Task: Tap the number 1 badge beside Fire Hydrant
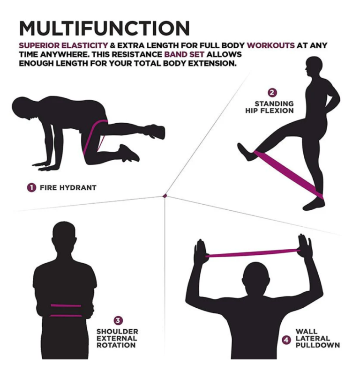(31, 187)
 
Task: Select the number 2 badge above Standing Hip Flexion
(272, 93)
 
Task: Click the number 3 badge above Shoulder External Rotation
(118, 320)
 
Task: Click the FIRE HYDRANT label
(68, 187)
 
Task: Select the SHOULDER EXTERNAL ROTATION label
(117, 338)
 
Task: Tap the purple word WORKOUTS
(271, 46)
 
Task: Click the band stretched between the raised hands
(253, 254)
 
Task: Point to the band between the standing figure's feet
(288, 172)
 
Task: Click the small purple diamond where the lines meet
(165, 195)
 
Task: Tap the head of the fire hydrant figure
(23, 107)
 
